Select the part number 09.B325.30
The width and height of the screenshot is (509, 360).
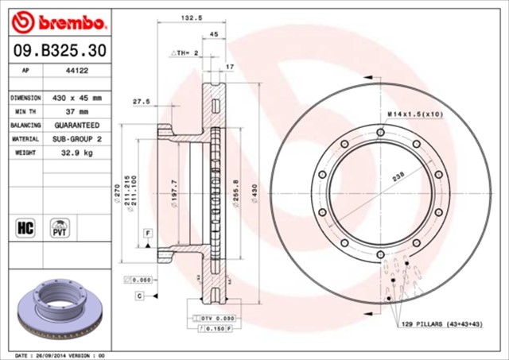tap(56, 50)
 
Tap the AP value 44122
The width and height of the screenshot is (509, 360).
tap(76, 71)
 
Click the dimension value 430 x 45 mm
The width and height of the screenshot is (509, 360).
tap(77, 97)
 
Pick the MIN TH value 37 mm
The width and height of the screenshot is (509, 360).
tap(77, 111)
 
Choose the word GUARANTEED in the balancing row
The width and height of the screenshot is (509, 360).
tap(77, 126)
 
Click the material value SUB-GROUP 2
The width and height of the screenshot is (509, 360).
tap(77, 139)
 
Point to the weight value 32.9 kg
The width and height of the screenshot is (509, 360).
tap(77, 153)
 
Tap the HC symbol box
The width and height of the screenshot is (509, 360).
tap(25, 227)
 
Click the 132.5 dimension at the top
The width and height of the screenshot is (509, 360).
tap(188, 17)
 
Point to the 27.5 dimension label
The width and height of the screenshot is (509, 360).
tap(142, 101)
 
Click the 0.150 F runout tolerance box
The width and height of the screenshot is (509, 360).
tap(213, 327)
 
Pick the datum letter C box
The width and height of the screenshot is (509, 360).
tap(139, 296)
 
